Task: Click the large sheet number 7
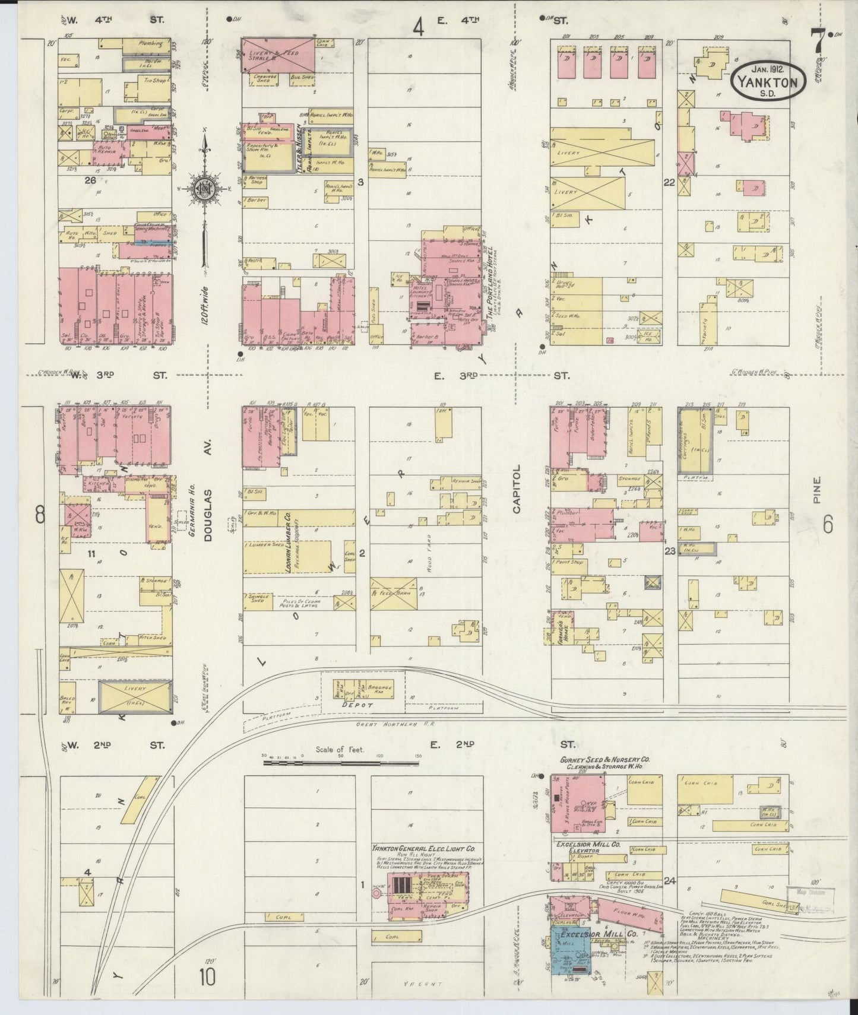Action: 819,42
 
